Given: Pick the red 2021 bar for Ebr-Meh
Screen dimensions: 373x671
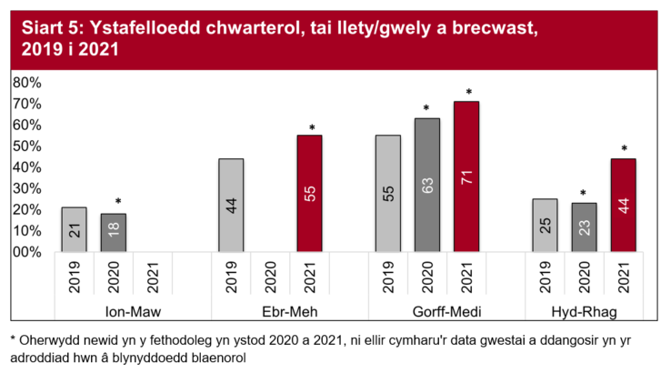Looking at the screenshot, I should (310, 193).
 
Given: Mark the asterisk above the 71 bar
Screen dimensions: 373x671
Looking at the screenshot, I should (468, 93).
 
